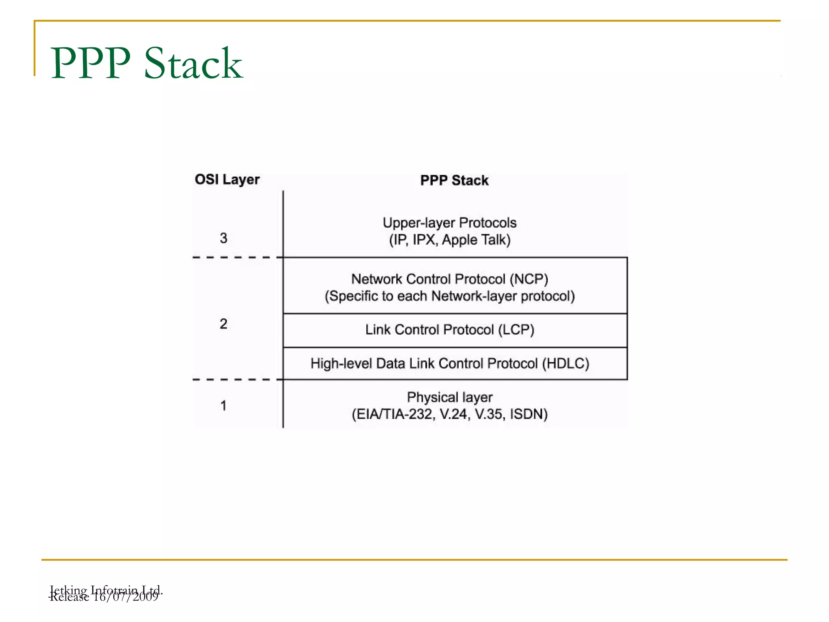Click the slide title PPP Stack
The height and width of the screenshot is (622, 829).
click(x=147, y=63)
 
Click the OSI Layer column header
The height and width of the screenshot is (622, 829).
click(x=227, y=179)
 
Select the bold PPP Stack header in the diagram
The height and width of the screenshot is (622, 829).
click(x=454, y=180)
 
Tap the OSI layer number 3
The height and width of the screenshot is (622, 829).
click(x=223, y=238)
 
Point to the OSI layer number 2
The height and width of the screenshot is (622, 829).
click(x=223, y=324)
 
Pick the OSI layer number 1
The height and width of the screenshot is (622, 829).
click(x=223, y=405)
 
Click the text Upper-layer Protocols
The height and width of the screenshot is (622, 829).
click(x=449, y=223)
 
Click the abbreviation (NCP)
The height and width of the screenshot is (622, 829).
click(x=529, y=279)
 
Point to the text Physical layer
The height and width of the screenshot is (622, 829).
click(x=449, y=397)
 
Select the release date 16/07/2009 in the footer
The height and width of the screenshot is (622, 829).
click(x=125, y=597)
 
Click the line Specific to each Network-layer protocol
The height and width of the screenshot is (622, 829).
click(x=449, y=296)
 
